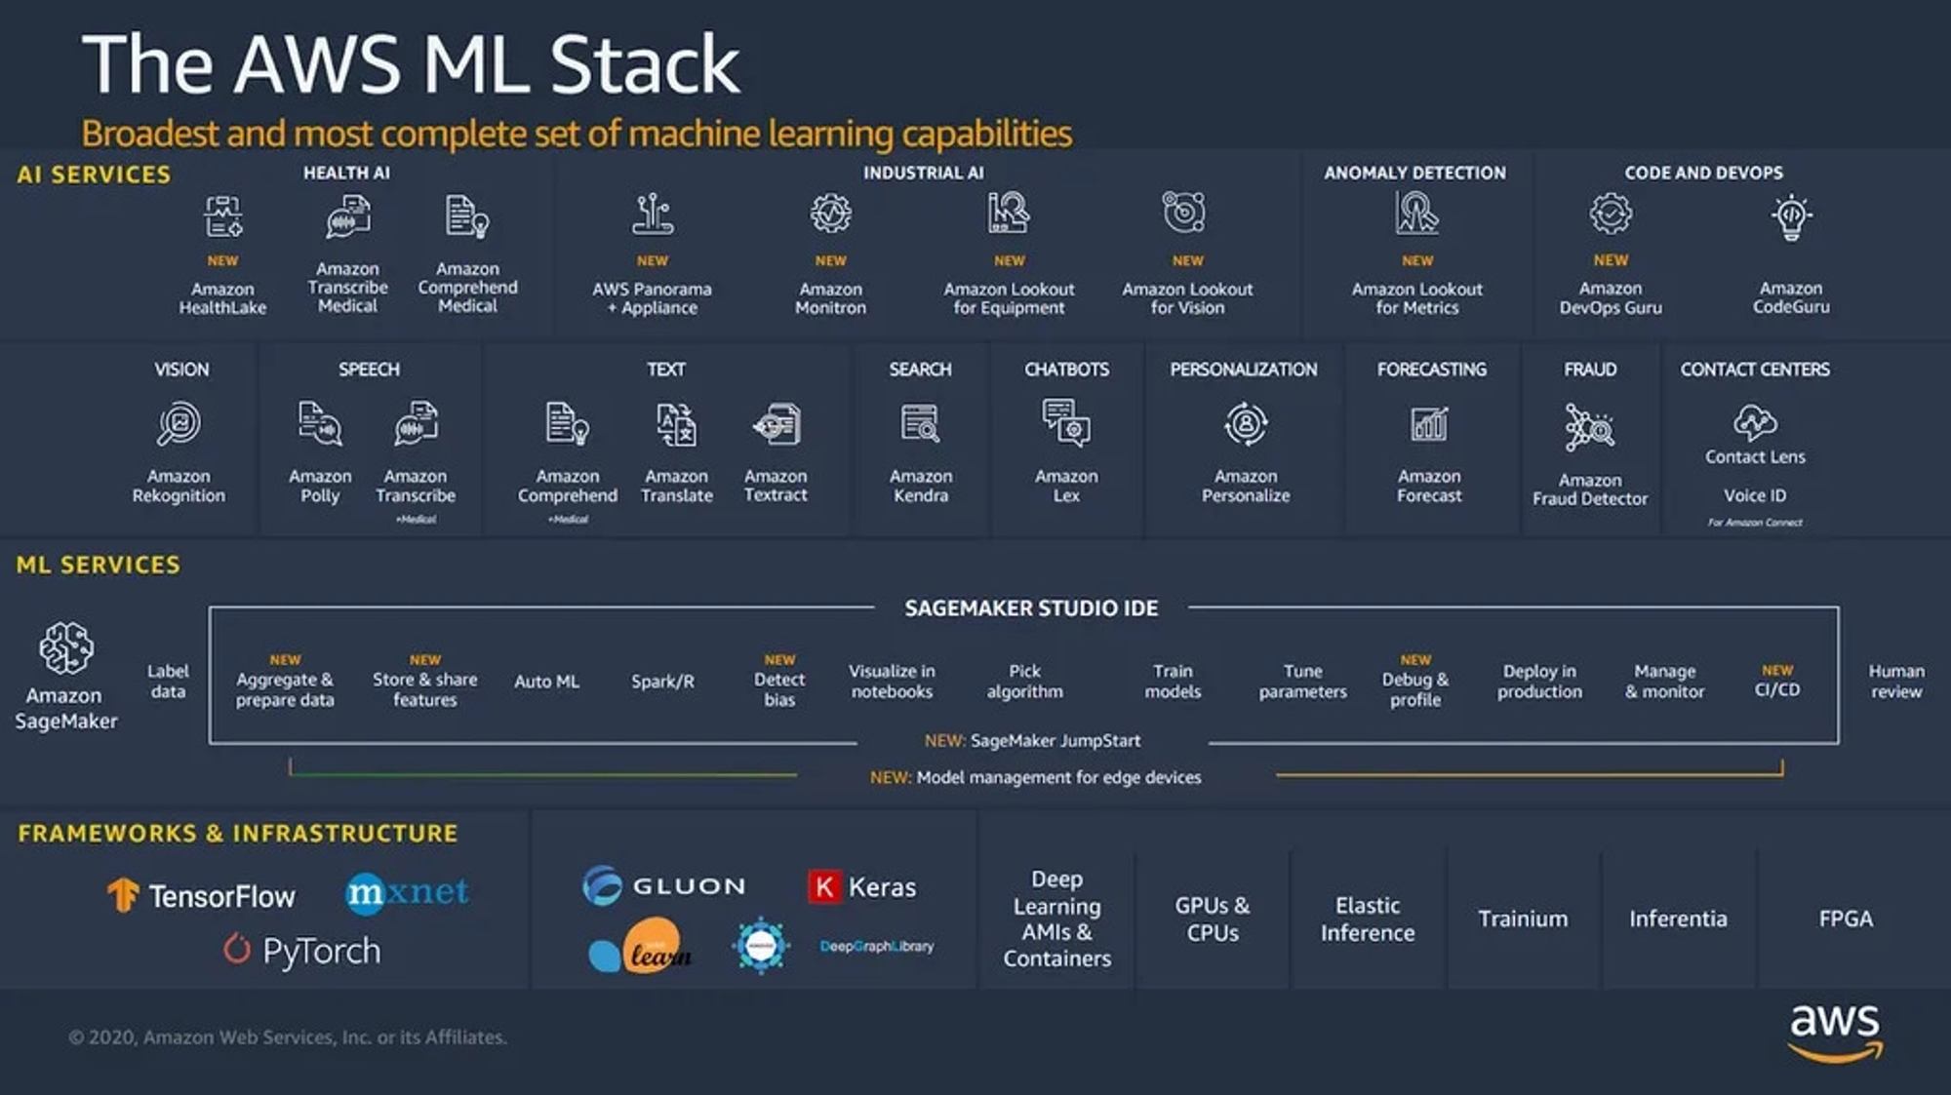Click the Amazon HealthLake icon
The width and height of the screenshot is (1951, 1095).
point(222,216)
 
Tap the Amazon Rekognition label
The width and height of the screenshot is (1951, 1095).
point(179,486)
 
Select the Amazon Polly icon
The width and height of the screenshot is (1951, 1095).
point(320,424)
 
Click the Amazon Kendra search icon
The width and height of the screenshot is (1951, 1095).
point(920,424)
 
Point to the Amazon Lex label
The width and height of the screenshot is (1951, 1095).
point(1066,486)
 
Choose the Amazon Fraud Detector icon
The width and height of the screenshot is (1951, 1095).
point(1589,427)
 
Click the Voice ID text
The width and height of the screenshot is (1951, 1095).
point(1754,495)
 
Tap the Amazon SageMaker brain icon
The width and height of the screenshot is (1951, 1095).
point(66,648)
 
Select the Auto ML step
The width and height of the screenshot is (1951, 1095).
point(546,682)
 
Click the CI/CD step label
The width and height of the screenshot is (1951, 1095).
point(1776,689)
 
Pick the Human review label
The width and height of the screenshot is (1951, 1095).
point(1895,682)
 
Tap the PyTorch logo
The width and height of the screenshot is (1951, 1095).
point(302,950)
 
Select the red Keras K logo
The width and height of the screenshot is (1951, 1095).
point(824,886)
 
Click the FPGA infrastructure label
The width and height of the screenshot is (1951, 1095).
point(1845,919)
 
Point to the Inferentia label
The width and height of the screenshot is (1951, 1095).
point(1678,919)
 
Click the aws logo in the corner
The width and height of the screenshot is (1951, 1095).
point(1834,1030)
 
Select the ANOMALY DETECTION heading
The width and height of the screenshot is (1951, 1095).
point(1414,173)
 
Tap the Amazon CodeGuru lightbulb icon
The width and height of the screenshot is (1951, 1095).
point(1791,216)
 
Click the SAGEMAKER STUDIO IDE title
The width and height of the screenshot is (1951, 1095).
point(1031,608)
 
